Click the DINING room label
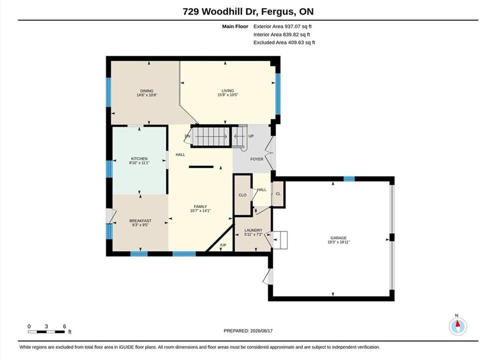pos(147,91)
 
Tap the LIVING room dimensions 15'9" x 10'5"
pos(228,94)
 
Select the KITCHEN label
pos(139,158)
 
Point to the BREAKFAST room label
pos(140,220)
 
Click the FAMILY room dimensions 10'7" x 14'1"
pos(200,210)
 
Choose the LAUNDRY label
pos(253,230)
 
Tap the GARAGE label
pos(339,238)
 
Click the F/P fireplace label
pos(223,245)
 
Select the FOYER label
pos(257,159)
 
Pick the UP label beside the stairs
pos(251,136)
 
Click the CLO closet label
pos(242,195)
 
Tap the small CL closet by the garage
pos(278,194)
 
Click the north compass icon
pos(458,326)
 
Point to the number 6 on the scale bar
pos(64,326)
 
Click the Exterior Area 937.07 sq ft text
pos(283,26)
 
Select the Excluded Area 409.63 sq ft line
pos(284,42)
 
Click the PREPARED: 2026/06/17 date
pos(248,331)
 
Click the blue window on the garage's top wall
pos(349,179)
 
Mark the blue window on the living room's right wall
pos(278,93)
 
